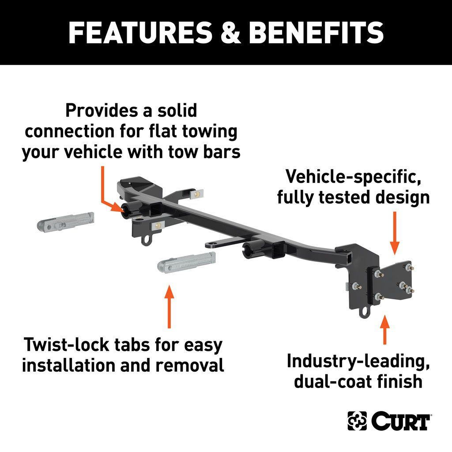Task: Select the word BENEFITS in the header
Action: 316,32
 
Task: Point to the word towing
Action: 210,132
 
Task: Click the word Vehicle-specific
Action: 353,177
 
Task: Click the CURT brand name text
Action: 401,421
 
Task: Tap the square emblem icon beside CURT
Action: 357,421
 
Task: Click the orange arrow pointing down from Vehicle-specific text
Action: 395,233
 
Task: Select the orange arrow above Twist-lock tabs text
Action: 169,306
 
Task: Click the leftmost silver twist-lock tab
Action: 66,222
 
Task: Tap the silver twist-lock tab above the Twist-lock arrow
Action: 187,262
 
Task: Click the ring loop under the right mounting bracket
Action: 364,313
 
